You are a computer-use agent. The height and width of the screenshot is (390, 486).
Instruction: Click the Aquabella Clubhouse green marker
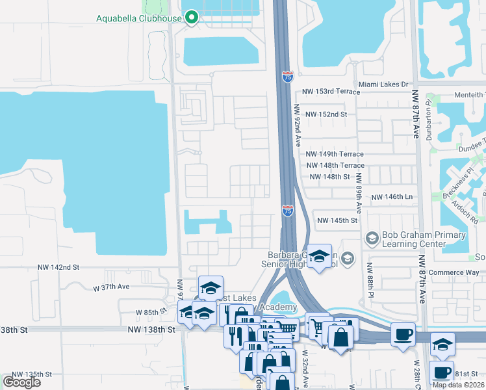click(192, 18)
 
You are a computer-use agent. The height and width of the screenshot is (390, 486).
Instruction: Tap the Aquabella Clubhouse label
click(139, 18)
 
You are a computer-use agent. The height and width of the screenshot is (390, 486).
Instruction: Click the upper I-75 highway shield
click(287, 77)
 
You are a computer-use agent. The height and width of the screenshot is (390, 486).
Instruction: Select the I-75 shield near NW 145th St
click(287, 210)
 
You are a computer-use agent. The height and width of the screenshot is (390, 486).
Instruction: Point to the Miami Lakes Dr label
click(383, 84)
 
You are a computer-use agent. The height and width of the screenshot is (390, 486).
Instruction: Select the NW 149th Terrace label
click(335, 154)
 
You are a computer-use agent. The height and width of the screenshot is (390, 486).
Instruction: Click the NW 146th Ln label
click(392, 196)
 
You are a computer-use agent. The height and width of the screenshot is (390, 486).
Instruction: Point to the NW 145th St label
click(338, 220)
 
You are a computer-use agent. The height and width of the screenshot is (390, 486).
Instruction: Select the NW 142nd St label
click(58, 267)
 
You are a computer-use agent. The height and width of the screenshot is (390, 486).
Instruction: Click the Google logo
click(21, 382)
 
